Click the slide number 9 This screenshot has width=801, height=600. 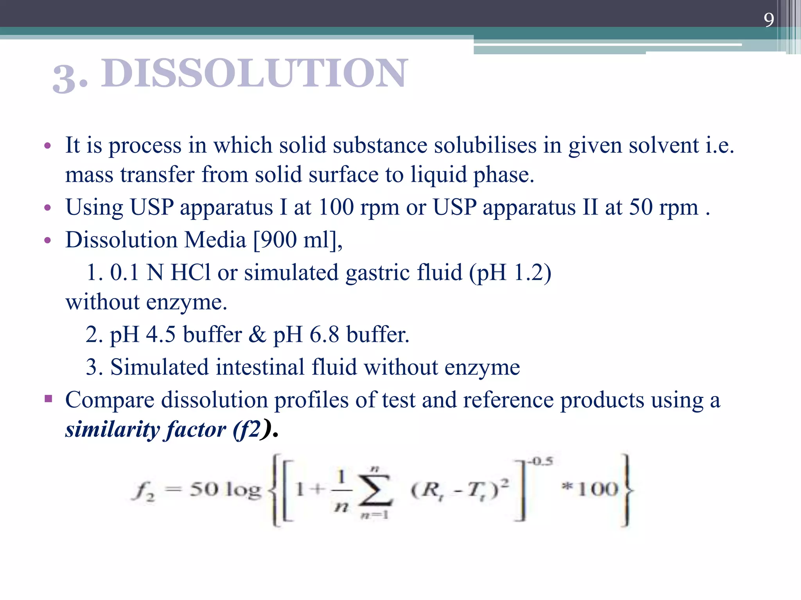click(769, 20)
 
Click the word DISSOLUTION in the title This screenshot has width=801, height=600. click(255, 73)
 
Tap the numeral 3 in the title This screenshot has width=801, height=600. click(64, 79)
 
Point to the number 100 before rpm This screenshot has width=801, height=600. click(336, 207)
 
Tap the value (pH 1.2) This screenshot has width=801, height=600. click(510, 272)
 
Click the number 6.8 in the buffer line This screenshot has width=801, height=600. click(324, 334)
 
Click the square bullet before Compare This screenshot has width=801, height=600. click(48, 399)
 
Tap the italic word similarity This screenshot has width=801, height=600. click(112, 430)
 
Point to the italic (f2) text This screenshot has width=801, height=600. click(251, 430)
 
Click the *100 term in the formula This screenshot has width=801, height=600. click(590, 489)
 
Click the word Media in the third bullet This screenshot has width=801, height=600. click(215, 239)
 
